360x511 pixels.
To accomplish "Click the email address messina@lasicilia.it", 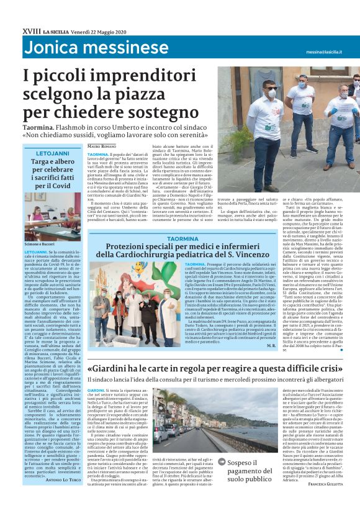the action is [x=323, y=52].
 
